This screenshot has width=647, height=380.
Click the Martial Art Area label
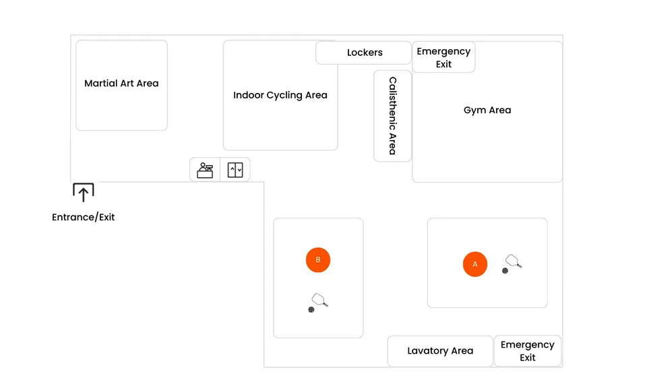point(121,84)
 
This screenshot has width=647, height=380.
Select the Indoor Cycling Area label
point(280,95)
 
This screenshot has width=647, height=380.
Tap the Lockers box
point(364,53)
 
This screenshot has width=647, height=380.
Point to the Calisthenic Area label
point(392,116)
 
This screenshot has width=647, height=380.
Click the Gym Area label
point(487,110)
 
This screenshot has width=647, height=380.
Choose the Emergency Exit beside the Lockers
point(443,57)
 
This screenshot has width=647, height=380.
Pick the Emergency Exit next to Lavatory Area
point(528,351)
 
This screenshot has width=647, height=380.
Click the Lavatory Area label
point(440,351)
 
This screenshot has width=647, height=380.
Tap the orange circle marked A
point(475,264)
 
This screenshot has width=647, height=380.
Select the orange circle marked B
point(318,260)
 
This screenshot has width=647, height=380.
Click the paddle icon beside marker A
point(514,261)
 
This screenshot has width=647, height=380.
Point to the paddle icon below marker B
point(320,300)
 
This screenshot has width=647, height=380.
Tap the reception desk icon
point(205,170)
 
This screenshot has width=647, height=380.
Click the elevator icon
point(235,170)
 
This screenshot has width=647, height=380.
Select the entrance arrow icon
point(83,193)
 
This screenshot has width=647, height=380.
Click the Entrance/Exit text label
point(84,218)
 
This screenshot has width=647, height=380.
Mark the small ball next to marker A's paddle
point(505,271)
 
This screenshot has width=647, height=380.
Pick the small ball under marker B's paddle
point(311,310)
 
